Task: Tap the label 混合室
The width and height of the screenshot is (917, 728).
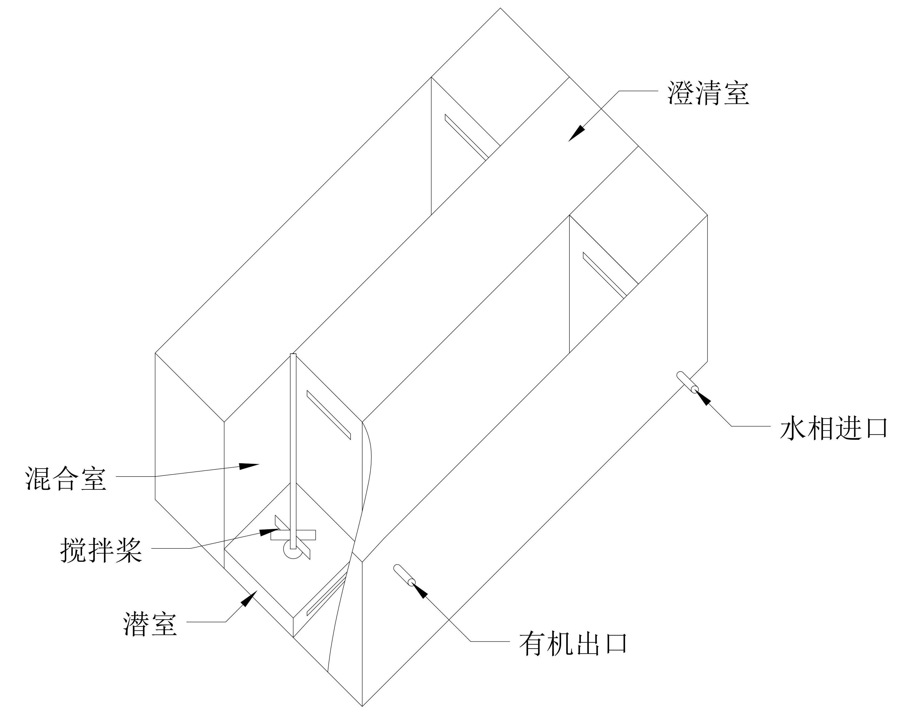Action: coord(66,478)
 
